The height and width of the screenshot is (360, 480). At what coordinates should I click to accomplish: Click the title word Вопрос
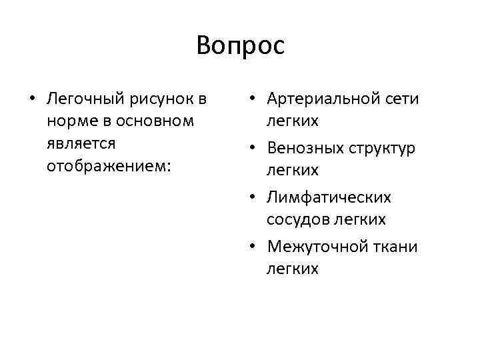241,45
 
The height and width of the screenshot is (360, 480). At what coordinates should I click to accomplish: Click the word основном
151,121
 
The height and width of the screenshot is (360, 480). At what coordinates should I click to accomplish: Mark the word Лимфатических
338,197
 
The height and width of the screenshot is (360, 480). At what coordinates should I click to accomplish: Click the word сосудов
297,219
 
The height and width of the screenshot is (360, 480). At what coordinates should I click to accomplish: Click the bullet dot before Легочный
31,100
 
